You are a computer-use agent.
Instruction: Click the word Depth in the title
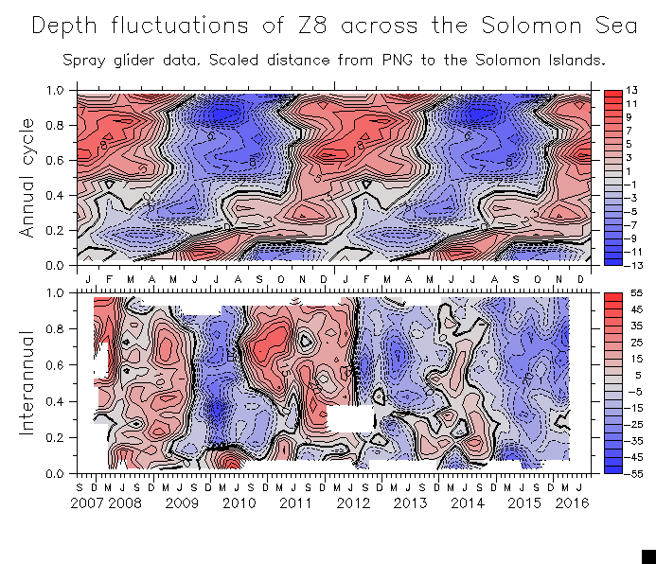tap(66, 26)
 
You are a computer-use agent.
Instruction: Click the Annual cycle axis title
tap(27, 178)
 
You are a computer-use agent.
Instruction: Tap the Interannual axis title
tap(27, 382)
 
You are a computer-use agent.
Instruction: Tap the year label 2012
tap(353, 503)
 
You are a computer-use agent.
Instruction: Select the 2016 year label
tap(572, 503)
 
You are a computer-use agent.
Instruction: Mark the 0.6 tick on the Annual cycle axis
tap(56, 160)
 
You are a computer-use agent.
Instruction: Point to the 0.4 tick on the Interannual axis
tap(56, 401)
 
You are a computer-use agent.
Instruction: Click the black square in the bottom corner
tap(648, 555)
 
